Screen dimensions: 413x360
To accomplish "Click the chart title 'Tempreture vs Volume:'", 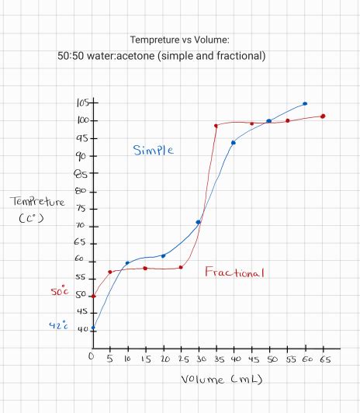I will click(x=180, y=40).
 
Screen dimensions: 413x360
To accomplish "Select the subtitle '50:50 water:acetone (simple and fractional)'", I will click(x=161, y=56).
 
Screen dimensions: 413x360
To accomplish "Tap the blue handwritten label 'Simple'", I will click(x=153, y=150).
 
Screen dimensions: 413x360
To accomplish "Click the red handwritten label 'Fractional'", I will click(x=234, y=272).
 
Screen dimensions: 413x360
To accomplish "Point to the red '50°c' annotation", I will click(x=61, y=293).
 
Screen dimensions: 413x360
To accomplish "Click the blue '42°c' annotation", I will click(x=61, y=326).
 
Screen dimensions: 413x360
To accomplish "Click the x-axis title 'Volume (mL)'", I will click(x=221, y=380).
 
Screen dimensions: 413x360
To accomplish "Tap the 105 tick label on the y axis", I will click(x=84, y=103).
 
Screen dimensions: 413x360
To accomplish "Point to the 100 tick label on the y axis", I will click(x=84, y=120).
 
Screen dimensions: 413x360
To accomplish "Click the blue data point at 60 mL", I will click(x=305, y=103).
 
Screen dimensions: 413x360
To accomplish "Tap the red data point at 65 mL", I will click(x=323, y=116).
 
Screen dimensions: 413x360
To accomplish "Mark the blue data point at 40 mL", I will click(x=234, y=142).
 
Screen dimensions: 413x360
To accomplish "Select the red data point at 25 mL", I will click(x=181, y=267).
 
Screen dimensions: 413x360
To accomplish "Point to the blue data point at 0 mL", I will click(x=93, y=328).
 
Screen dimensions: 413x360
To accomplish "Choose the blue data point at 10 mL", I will click(x=128, y=263).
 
